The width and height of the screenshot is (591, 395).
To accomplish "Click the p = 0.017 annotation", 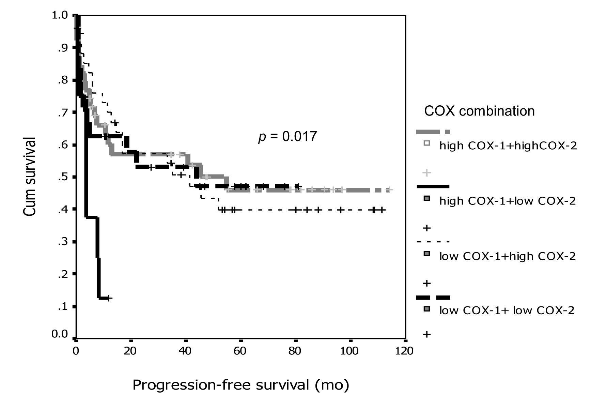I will (x=287, y=137).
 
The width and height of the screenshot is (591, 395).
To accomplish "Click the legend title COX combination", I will (x=479, y=111).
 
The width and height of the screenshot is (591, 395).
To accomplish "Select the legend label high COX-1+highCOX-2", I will (x=508, y=146).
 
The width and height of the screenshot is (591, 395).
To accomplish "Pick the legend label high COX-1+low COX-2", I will (x=507, y=201).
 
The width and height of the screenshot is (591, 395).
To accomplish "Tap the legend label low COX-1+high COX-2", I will (x=507, y=256).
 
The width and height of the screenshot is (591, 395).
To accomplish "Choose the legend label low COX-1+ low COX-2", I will (x=507, y=310).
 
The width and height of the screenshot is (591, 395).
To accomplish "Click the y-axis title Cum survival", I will (x=30, y=177).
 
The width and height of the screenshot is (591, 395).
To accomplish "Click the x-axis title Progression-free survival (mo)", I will (x=240, y=385).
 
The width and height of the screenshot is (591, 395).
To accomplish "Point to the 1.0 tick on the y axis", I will (x=60, y=15).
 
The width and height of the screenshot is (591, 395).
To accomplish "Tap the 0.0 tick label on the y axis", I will (x=60, y=334).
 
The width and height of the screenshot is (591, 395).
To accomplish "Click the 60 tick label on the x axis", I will (x=240, y=351).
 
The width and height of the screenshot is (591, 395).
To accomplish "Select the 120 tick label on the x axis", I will (x=404, y=351).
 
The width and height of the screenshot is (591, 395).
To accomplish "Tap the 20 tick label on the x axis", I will (x=130, y=351).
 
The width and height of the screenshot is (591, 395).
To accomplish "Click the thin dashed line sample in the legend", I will (x=433, y=242).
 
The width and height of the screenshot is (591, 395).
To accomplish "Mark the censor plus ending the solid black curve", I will (x=109, y=298).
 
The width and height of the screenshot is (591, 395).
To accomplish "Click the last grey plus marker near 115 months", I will (x=390, y=190).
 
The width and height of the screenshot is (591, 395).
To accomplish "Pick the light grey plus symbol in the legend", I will (x=426, y=173).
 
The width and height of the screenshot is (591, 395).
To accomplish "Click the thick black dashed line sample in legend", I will (x=433, y=298).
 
